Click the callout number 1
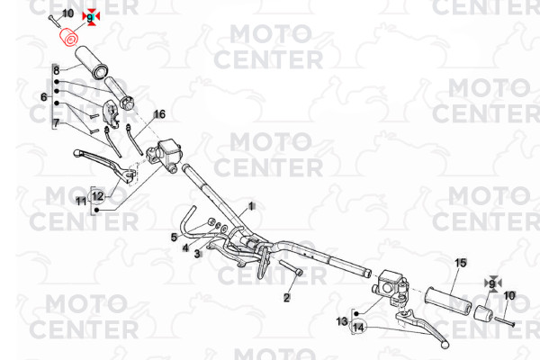click(x=251, y=206)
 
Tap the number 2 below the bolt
click(x=287, y=297)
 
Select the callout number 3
click(x=196, y=254)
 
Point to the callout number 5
click(x=174, y=237)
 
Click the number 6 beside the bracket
click(x=44, y=97)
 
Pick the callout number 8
click(x=56, y=70)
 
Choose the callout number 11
click(x=81, y=201)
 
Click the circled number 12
click(x=98, y=196)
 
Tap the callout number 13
click(x=342, y=321)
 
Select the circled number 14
click(x=358, y=327)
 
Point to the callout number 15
click(x=461, y=263)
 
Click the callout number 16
click(x=159, y=114)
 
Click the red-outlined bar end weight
click(x=69, y=38)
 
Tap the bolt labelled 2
click(x=292, y=269)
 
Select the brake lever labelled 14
click(x=423, y=328)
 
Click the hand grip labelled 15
click(x=447, y=301)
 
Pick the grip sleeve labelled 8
click(x=92, y=62)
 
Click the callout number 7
click(x=56, y=122)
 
